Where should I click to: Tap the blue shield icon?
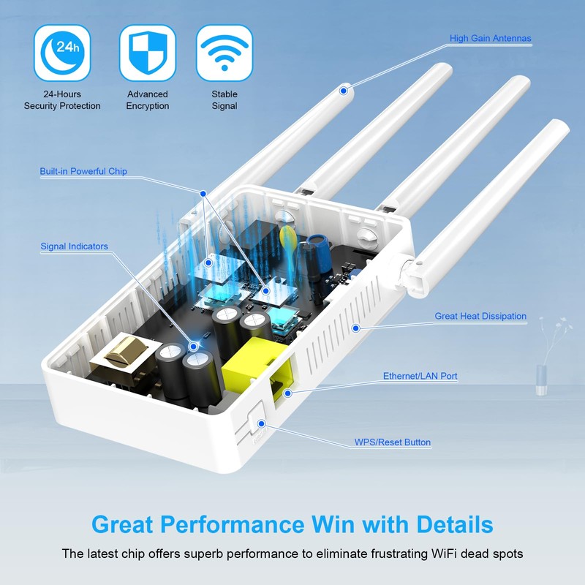(x=147, y=52)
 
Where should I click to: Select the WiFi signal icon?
(x=224, y=52)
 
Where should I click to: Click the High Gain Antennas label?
(x=490, y=39)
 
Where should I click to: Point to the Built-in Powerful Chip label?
(x=83, y=172)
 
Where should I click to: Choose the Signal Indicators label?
(x=74, y=246)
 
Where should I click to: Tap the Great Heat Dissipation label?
(x=480, y=317)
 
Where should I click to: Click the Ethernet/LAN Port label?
(x=420, y=377)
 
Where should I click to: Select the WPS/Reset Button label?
(x=393, y=442)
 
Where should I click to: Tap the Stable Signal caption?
(x=224, y=100)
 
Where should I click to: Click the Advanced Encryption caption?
(x=147, y=100)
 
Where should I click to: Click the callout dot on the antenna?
(x=342, y=91)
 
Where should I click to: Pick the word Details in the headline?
(x=455, y=524)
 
